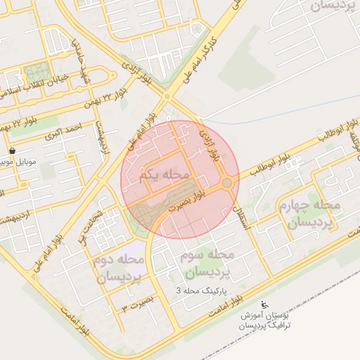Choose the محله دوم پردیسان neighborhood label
point(116,269)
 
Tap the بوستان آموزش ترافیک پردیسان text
point(264,321)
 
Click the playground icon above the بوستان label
point(264,304)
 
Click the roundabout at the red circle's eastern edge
point(226,184)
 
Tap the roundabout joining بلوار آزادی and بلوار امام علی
point(167,97)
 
